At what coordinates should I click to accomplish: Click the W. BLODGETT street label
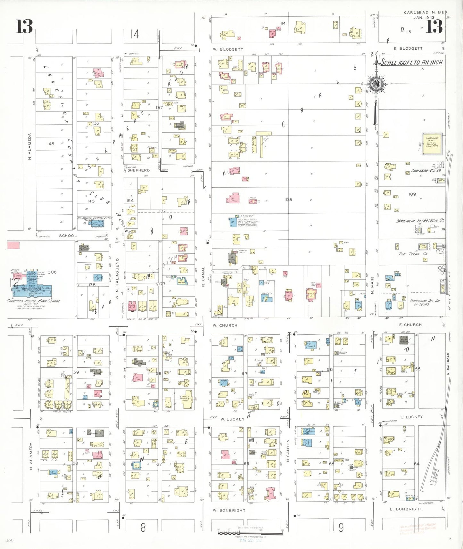click(x=228, y=50)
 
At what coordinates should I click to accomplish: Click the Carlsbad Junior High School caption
click(x=33, y=301)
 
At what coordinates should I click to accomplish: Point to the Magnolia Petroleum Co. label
click(x=420, y=221)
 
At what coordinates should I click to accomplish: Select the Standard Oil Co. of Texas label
click(x=425, y=302)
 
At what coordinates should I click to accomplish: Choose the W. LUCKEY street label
click(x=232, y=419)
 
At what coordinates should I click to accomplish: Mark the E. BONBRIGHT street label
click(x=406, y=509)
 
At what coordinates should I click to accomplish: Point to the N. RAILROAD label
click(x=448, y=364)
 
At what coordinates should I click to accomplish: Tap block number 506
click(x=52, y=272)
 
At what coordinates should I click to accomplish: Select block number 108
click(x=288, y=200)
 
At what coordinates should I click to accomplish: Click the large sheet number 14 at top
click(x=135, y=34)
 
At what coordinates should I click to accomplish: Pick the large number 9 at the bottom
click(x=341, y=528)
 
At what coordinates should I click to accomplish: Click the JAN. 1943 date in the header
click(x=424, y=18)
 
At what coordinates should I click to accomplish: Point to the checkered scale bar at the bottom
click(x=250, y=533)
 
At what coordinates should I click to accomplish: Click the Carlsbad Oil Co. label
click(x=426, y=171)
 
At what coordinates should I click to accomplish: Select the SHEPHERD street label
click(x=138, y=170)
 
